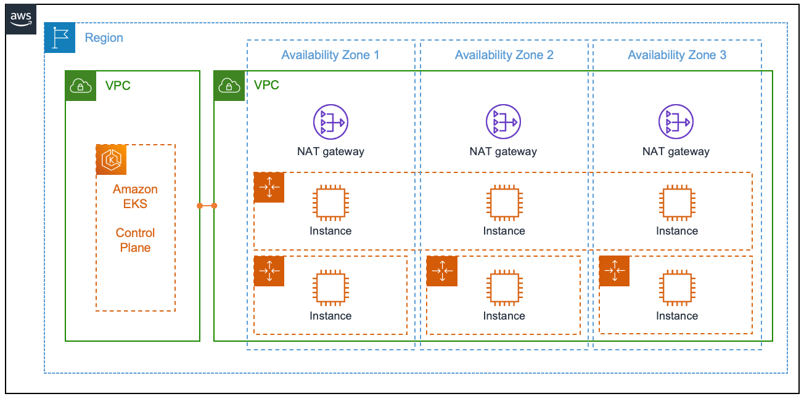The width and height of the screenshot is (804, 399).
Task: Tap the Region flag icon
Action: click(60, 38)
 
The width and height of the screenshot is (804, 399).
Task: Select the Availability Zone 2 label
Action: click(504, 55)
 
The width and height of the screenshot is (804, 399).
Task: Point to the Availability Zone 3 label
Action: click(676, 55)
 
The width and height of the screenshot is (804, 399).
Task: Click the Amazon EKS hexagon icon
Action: click(111, 160)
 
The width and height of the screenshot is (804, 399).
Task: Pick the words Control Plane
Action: click(135, 240)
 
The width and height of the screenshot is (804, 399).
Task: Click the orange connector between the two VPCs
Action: click(207, 205)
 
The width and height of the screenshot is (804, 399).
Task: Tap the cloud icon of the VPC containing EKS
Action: click(81, 86)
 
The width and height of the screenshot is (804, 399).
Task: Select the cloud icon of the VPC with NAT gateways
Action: click(229, 86)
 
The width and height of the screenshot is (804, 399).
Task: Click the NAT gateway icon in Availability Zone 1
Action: click(330, 121)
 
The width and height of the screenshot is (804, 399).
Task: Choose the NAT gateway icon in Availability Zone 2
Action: click(503, 121)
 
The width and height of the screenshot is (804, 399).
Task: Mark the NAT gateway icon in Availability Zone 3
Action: click(676, 121)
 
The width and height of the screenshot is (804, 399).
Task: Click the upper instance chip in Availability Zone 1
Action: click(330, 203)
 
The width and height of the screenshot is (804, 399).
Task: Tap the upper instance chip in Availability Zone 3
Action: click(676, 203)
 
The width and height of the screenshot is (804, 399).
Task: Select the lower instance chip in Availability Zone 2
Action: click(504, 288)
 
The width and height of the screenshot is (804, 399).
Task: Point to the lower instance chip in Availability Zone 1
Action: click(330, 288)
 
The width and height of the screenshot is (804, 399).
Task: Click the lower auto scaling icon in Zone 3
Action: click(614, 271)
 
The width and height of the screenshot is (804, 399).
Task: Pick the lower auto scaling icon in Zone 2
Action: click(441, 271)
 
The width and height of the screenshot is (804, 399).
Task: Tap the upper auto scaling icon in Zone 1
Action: click(269, 187)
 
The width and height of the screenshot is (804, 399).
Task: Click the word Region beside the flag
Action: click(104, 38)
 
